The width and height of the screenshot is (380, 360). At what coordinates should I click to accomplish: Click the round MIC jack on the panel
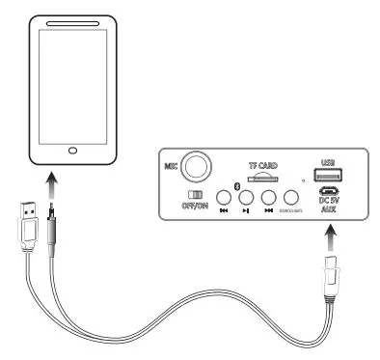[x=200, y=167]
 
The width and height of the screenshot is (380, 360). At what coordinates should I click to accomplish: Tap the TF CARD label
[x=263, y=165]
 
